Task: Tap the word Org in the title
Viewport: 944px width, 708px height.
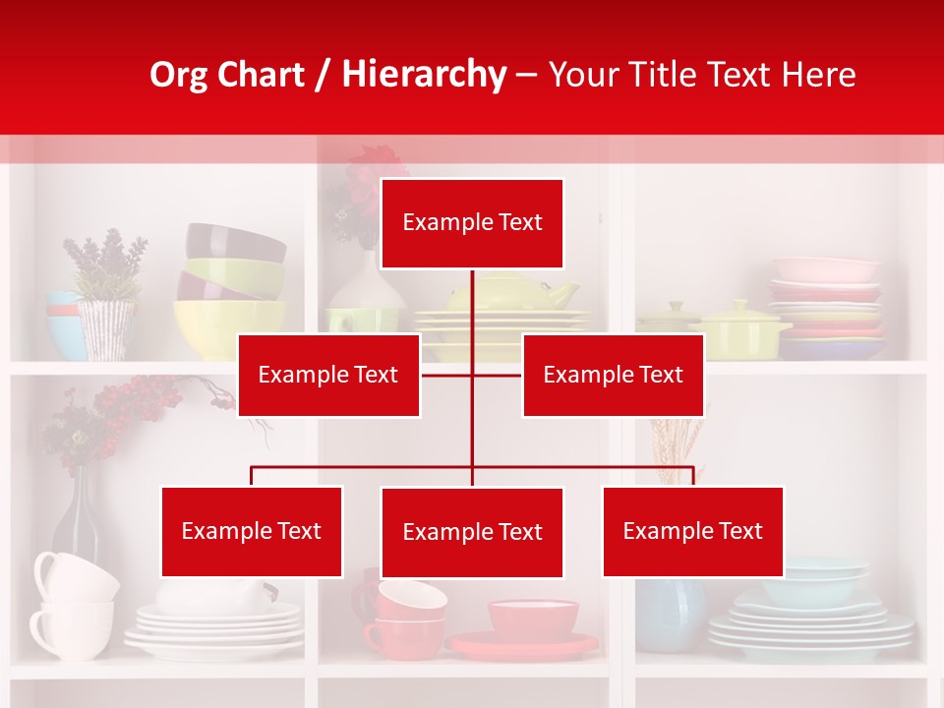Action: [177, 75]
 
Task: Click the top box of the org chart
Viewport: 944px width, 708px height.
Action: [472, 223]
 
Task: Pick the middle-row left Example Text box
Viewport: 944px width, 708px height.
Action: [328, 375]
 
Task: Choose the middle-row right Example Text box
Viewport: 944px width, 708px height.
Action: [613, 375]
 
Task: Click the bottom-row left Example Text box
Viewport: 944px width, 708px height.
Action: [252, 531]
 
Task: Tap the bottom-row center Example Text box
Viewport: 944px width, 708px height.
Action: [472, 532]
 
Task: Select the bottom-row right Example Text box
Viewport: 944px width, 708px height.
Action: [692, 531]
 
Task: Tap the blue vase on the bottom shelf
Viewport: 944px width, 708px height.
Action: [672, 614]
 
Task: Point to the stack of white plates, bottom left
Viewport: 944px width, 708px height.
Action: [214, 629]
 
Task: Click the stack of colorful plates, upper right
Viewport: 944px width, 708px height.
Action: [826, 305]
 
